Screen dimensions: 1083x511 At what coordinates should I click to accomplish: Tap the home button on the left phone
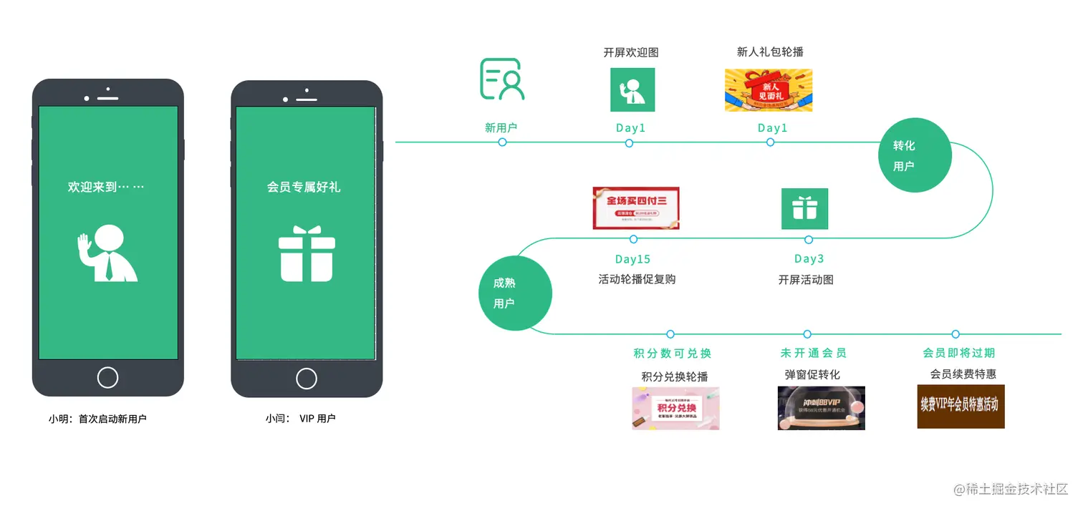[x=107, y=377]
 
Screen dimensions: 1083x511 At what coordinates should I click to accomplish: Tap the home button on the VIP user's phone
[x=307, y=378]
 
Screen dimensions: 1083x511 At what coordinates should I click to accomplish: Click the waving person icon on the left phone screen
[x=107, y=253]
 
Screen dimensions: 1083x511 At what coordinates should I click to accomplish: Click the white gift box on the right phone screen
[x=307, y=253]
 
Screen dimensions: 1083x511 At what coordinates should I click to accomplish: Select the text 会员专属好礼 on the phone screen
[x=304, y=188]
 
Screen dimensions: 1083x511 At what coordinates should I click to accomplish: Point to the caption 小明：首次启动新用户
[x=97, y=419]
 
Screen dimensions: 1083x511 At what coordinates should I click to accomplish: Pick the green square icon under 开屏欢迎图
[x=632, y=89]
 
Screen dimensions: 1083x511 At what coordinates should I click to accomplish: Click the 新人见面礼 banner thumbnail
[x=769, y=90]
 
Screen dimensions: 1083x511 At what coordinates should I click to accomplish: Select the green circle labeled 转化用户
[x=915, y=155]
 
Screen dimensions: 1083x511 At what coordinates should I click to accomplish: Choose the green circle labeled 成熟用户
[x=515, y=293]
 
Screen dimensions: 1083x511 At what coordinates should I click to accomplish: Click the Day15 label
[x=632, y=259]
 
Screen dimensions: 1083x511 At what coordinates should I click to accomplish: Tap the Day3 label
[x=809, y=259]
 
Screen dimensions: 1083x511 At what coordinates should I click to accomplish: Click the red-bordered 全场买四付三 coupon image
[x=636, y=208]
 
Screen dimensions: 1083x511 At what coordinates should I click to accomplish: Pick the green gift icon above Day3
[x=804, y=209]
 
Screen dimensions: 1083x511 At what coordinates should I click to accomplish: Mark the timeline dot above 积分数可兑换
[x=670, y=334]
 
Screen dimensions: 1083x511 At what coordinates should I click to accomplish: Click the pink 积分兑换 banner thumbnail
[x=675, y=408]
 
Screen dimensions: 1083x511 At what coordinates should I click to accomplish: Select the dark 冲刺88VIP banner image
[x=821, y=408]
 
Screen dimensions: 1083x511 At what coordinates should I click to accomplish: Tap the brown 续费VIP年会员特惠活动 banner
[x=961, y=407]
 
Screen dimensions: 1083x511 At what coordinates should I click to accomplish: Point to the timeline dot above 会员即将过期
[x=956, y=334]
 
